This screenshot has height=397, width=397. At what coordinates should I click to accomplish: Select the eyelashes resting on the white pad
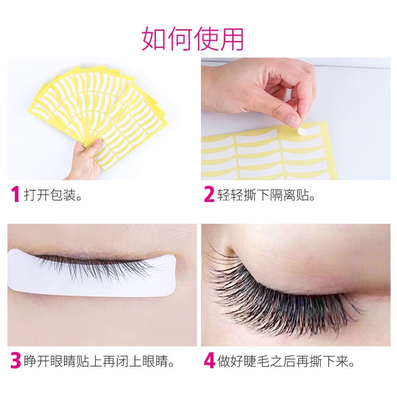point(99,265)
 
